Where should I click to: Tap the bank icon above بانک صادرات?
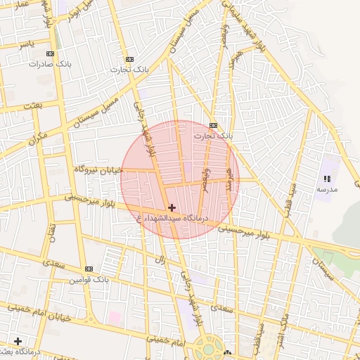49,53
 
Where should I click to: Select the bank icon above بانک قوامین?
89,269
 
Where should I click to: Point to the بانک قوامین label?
89,279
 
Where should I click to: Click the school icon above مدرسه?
327,179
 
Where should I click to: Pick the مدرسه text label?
327,190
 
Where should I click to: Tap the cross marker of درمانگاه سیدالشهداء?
172,207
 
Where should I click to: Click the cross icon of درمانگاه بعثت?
18,341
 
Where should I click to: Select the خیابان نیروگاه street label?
98,169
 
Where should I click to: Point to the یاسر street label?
27,44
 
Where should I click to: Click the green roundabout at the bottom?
208,346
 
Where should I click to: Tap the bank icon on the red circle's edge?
213,125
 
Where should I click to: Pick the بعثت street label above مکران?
32,105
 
